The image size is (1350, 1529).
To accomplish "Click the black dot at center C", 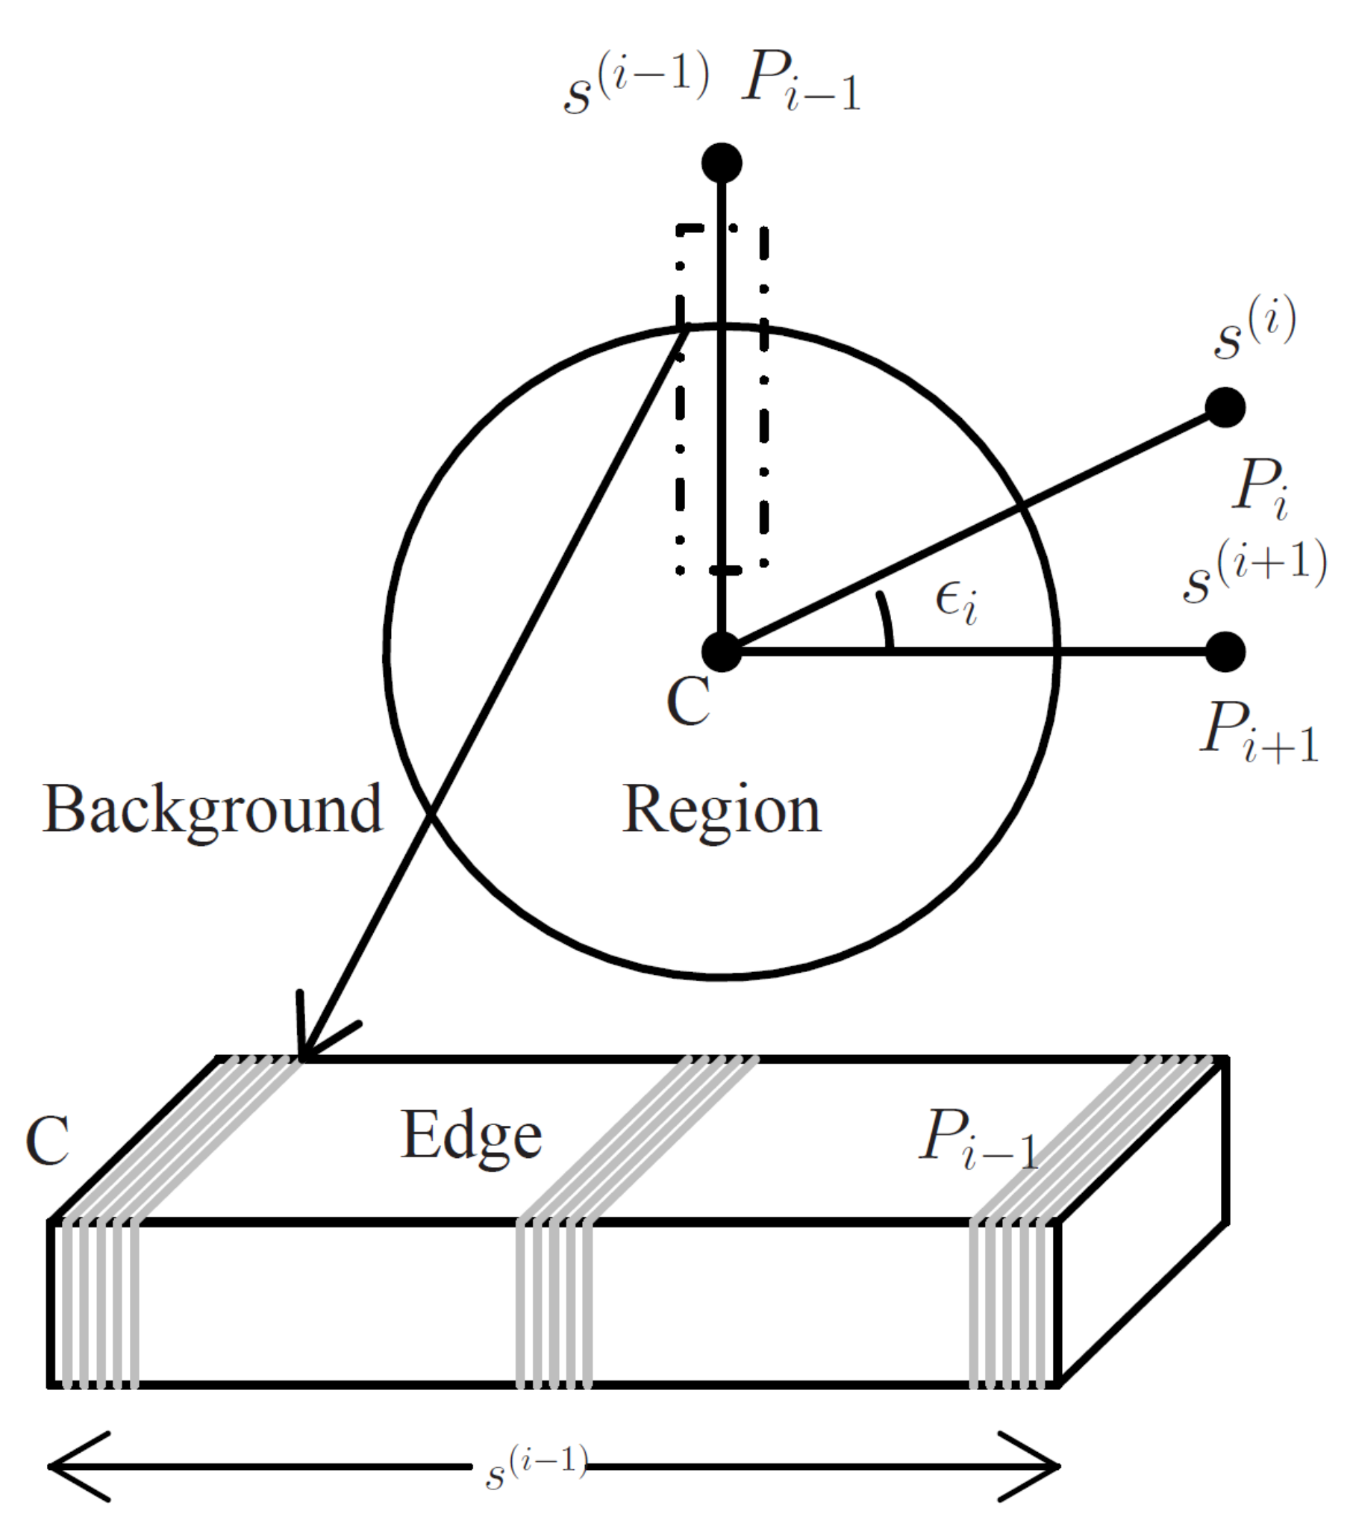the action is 722,652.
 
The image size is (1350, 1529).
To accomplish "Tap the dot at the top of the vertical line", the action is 722,163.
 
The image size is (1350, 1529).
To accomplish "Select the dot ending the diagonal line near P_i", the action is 1225,408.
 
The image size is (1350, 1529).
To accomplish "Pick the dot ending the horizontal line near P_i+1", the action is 1225,652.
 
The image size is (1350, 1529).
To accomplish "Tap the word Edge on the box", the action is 471,1136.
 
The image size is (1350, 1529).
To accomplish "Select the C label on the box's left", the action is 47,1140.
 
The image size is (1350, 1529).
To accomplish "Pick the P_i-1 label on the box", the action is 978,1140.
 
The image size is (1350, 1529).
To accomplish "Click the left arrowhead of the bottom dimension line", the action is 75,1466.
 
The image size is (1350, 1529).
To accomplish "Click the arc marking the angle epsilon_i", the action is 887,620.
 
